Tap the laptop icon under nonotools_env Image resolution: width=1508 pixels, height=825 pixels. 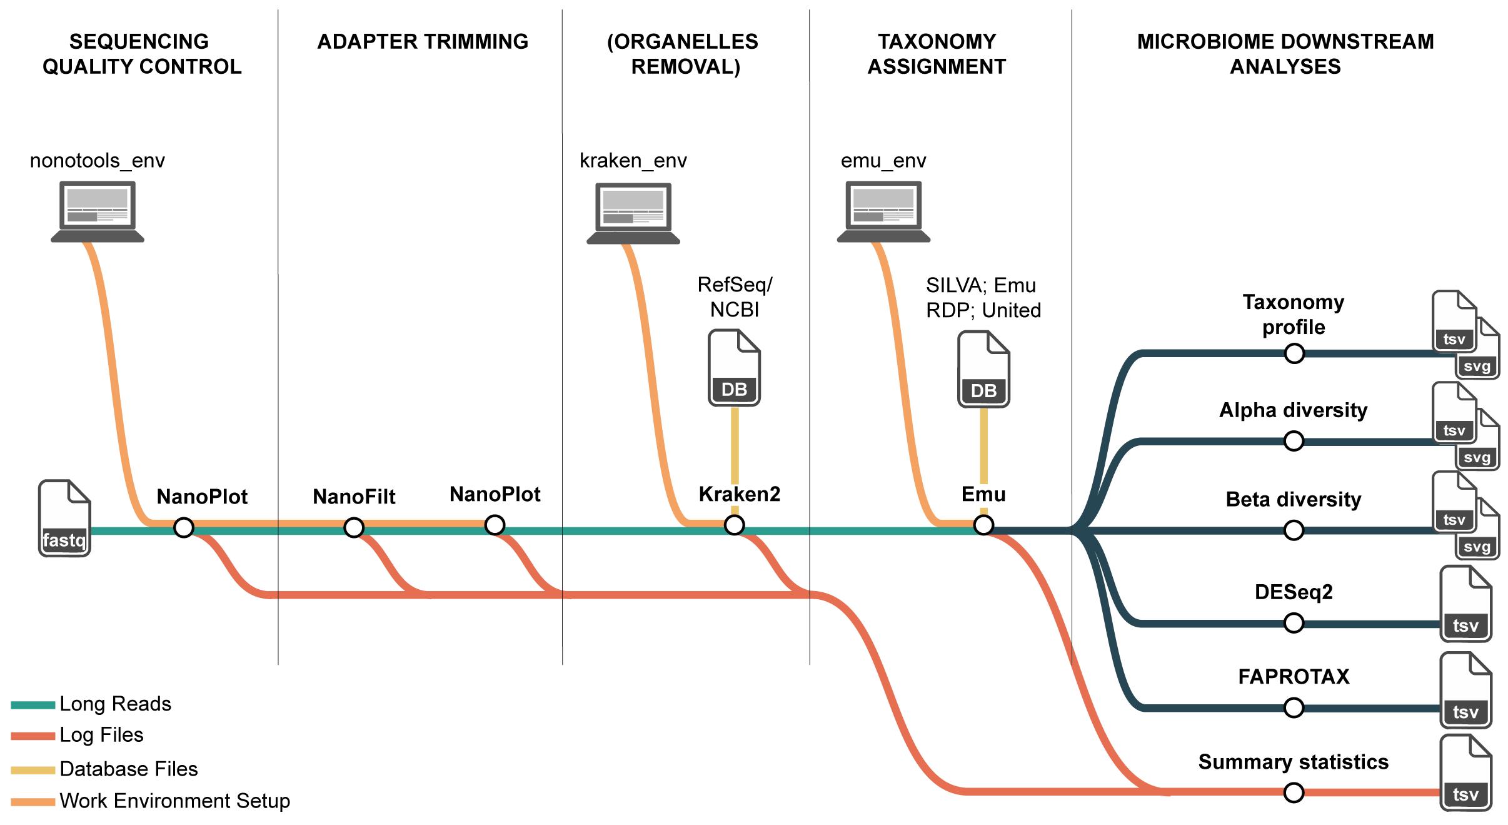coord(98,211)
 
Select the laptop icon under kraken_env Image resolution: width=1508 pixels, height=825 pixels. coord(633,213)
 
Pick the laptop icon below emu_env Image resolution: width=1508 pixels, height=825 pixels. coord(883,211)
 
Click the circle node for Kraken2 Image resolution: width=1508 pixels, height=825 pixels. coord(734,525)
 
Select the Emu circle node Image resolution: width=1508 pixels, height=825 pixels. coord(983,525)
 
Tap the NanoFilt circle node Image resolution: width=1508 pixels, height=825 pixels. coord(354,527)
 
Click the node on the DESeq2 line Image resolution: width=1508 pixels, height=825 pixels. coord(1294,623)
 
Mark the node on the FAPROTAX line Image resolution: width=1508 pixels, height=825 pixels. coord(1294,708)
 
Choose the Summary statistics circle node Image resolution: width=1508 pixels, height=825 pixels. coord(1294,792)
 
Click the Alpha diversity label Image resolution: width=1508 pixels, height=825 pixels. coord(1293,410)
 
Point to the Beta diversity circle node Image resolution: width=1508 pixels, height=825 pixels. coord(1294,530)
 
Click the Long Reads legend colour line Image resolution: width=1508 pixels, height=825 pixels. coord(33,705)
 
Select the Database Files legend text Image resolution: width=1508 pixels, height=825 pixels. coord(129,769)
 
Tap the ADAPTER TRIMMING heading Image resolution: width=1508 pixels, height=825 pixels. coord(423,41)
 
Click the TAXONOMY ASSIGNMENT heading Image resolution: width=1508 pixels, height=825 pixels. coord(937,54)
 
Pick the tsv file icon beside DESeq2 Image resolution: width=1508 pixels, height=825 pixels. coord(1465,604)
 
